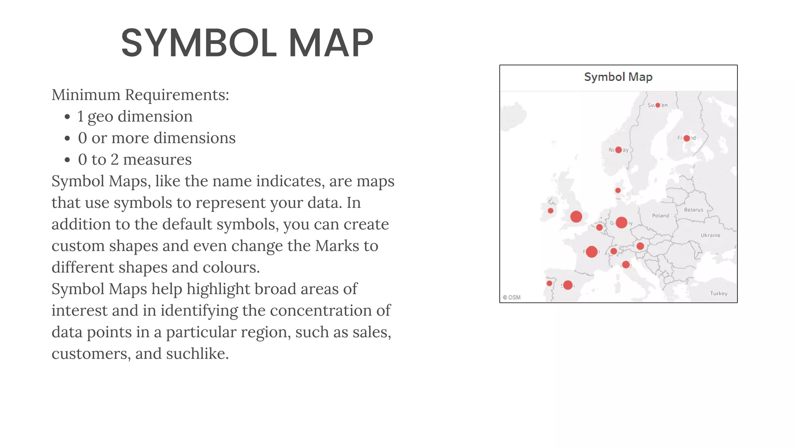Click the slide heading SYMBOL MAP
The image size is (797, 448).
point(247,43)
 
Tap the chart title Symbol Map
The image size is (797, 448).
point(618,77)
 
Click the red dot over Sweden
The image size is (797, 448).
point(658,105)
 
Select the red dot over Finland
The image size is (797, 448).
point(687,138)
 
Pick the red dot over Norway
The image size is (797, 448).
point(618,150)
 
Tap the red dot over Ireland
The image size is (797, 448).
point(550,211)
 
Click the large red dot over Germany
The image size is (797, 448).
point(621,222)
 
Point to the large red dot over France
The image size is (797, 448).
point(592,252)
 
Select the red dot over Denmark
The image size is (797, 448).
point(618,190)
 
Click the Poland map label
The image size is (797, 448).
point(660,215)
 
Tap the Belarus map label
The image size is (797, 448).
point(693,210)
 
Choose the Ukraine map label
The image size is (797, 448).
point(710,235)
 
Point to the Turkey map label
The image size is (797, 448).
point(718,294)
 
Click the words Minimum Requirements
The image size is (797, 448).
point(140,95)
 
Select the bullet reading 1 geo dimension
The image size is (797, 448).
point(135,116)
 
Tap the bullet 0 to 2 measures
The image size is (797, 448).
point(135,159)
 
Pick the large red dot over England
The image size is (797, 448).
point(576,217)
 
